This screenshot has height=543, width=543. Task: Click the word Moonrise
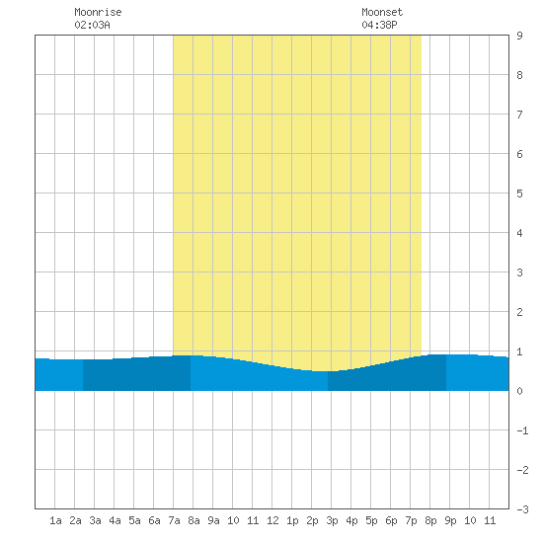(x=98, y=12)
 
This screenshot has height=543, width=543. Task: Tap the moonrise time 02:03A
(x=92, y=25)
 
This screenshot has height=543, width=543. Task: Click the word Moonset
(x=382, y=12)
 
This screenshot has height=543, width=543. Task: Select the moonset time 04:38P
(x=379, y=25)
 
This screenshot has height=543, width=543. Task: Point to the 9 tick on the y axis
(x=519, y=36)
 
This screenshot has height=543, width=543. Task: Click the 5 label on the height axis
(x=519, y=194)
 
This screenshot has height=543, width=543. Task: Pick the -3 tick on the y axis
(x=522, y=509)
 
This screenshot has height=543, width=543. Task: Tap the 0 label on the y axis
(x=519, y=391)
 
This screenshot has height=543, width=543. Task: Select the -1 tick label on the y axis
(x=522, y=430)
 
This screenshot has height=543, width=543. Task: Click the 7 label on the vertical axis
(x=519, y=115)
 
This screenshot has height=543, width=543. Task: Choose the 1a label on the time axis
(x=55, y=520)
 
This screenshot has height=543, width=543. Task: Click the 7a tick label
(x=174, y=520)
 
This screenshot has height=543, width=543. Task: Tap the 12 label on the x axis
(x=272, y=520)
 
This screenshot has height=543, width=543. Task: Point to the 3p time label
(x=332, y=520)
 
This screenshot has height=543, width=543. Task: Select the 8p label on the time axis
(x=430, y=520)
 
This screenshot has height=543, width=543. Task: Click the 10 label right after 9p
(x=470, y=520)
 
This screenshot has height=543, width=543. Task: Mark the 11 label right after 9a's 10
(x=253, y=520)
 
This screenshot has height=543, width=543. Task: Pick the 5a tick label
(x=134, y=520)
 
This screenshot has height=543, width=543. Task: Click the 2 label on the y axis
(x=519, y=312)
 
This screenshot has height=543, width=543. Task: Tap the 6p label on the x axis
(x=391, y=520)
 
